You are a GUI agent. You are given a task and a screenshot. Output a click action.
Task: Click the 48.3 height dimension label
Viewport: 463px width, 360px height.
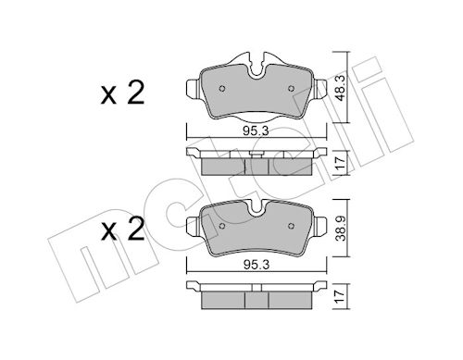tap(341, 88)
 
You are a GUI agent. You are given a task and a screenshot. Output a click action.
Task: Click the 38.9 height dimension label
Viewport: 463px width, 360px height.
tap(341, 228)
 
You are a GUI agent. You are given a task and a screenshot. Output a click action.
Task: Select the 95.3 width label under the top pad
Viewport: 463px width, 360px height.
tap(256, 131)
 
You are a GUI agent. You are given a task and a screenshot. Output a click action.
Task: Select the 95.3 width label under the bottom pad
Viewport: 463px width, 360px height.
tap(257, 265)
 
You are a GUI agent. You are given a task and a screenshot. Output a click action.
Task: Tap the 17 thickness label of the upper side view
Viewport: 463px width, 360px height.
tap(341, 163)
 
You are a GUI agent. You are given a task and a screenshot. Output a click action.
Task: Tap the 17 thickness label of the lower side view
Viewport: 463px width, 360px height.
tap(341, 296)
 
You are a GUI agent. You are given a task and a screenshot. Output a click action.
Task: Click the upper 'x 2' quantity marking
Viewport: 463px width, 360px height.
tap(122, 93)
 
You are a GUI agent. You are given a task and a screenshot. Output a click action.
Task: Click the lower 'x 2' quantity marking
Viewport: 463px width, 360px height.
tap(122, 230)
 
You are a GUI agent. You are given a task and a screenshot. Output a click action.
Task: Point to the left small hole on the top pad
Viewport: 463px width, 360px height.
tap(222, 89)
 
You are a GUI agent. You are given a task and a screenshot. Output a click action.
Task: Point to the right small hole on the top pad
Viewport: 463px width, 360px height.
tap(291, 89)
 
